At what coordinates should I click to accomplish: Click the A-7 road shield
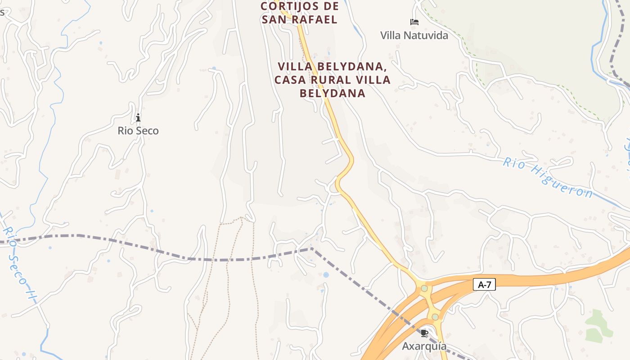(x=484, y=284)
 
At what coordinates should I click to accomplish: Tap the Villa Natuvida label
(x=414, y=35)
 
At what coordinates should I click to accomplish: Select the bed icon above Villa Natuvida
(x=414, y=22)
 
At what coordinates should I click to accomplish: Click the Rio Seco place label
(x=138, y=130)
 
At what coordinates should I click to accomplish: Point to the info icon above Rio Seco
(x=138, y=117)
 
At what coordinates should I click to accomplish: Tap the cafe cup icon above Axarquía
(x=424, y=333)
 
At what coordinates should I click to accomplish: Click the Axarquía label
(x=424, y=346)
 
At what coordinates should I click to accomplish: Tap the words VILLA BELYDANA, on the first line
(x=333, y=67)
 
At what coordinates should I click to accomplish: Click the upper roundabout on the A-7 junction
(x=424, y=288)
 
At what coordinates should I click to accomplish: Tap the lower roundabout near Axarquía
(x=435, y=317)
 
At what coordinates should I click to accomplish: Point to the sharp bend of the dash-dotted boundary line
(x=311, y=248)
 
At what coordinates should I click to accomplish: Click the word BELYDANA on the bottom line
(x=332, y=93)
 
